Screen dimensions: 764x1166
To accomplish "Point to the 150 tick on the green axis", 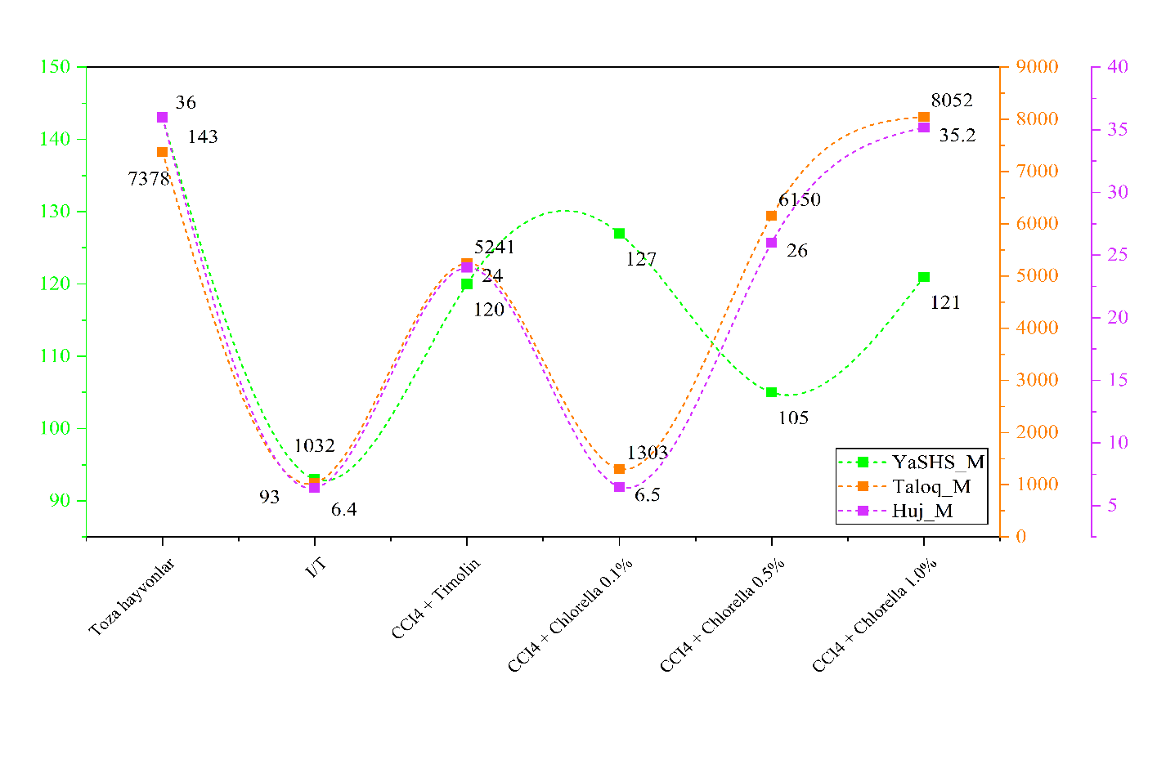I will coord(56,67).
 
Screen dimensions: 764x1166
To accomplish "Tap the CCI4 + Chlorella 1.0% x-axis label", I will coord(874,616).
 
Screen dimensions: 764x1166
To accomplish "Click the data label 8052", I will coord(952,101).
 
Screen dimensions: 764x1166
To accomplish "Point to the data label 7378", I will coord(149,178).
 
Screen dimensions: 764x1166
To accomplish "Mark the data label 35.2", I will coord(957,136).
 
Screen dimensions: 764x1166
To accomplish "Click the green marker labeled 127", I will coord(619,234).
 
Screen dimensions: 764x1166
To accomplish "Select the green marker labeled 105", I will coord(771,392).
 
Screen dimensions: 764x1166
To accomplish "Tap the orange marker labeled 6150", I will coord(771,216).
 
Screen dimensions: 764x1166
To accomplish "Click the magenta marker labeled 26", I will coord(771,243).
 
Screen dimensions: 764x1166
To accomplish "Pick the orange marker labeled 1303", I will coord(619,469).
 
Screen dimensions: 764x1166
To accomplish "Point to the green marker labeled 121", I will coord(924,277).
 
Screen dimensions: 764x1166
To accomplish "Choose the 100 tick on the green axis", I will coord(56,428).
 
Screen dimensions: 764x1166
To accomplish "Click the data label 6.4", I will coord(343,510).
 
